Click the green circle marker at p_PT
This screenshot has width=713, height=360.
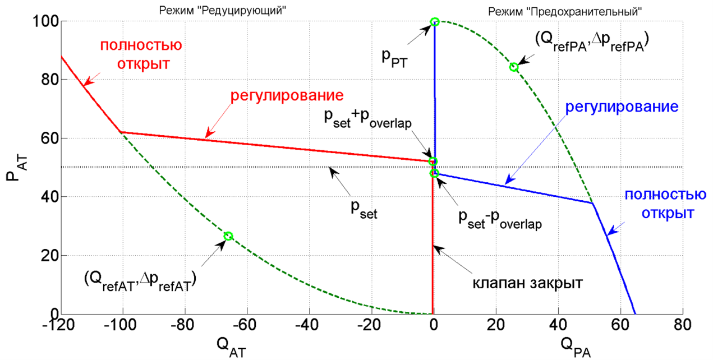click(435, 22)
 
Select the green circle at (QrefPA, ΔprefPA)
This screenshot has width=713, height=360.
click(514, 67)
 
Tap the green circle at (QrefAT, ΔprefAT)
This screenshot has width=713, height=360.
click(228, 236)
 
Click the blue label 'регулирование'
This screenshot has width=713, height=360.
click(622, 106)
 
